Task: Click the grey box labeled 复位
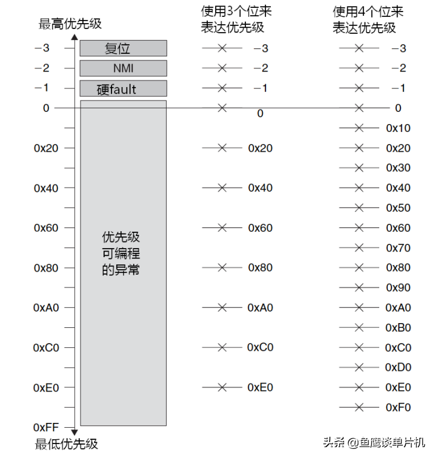(x=123, y=48)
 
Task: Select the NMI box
(x=123, y=68)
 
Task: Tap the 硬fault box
(x=123, y=89)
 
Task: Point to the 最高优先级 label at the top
(x=70, y=24)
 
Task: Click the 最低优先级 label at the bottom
(x=67, y=444)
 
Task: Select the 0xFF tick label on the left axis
(x=46, y=428)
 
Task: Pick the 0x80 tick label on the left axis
(x=46, y=267)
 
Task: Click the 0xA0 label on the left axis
(x=46, y=307)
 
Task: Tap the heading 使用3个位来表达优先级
(x=236, y=19)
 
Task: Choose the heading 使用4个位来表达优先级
(x=367, y=19)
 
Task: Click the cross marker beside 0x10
(x=359, y=128)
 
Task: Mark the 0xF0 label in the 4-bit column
(x=398, y=407)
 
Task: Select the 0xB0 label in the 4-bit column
(x=398, y=327)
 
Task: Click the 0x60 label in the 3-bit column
(x=261, y=227)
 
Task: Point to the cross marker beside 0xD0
(x=359, y=367)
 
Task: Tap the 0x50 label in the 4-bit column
(x=398, y=208)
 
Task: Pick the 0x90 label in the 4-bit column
(x=398, y=287)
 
